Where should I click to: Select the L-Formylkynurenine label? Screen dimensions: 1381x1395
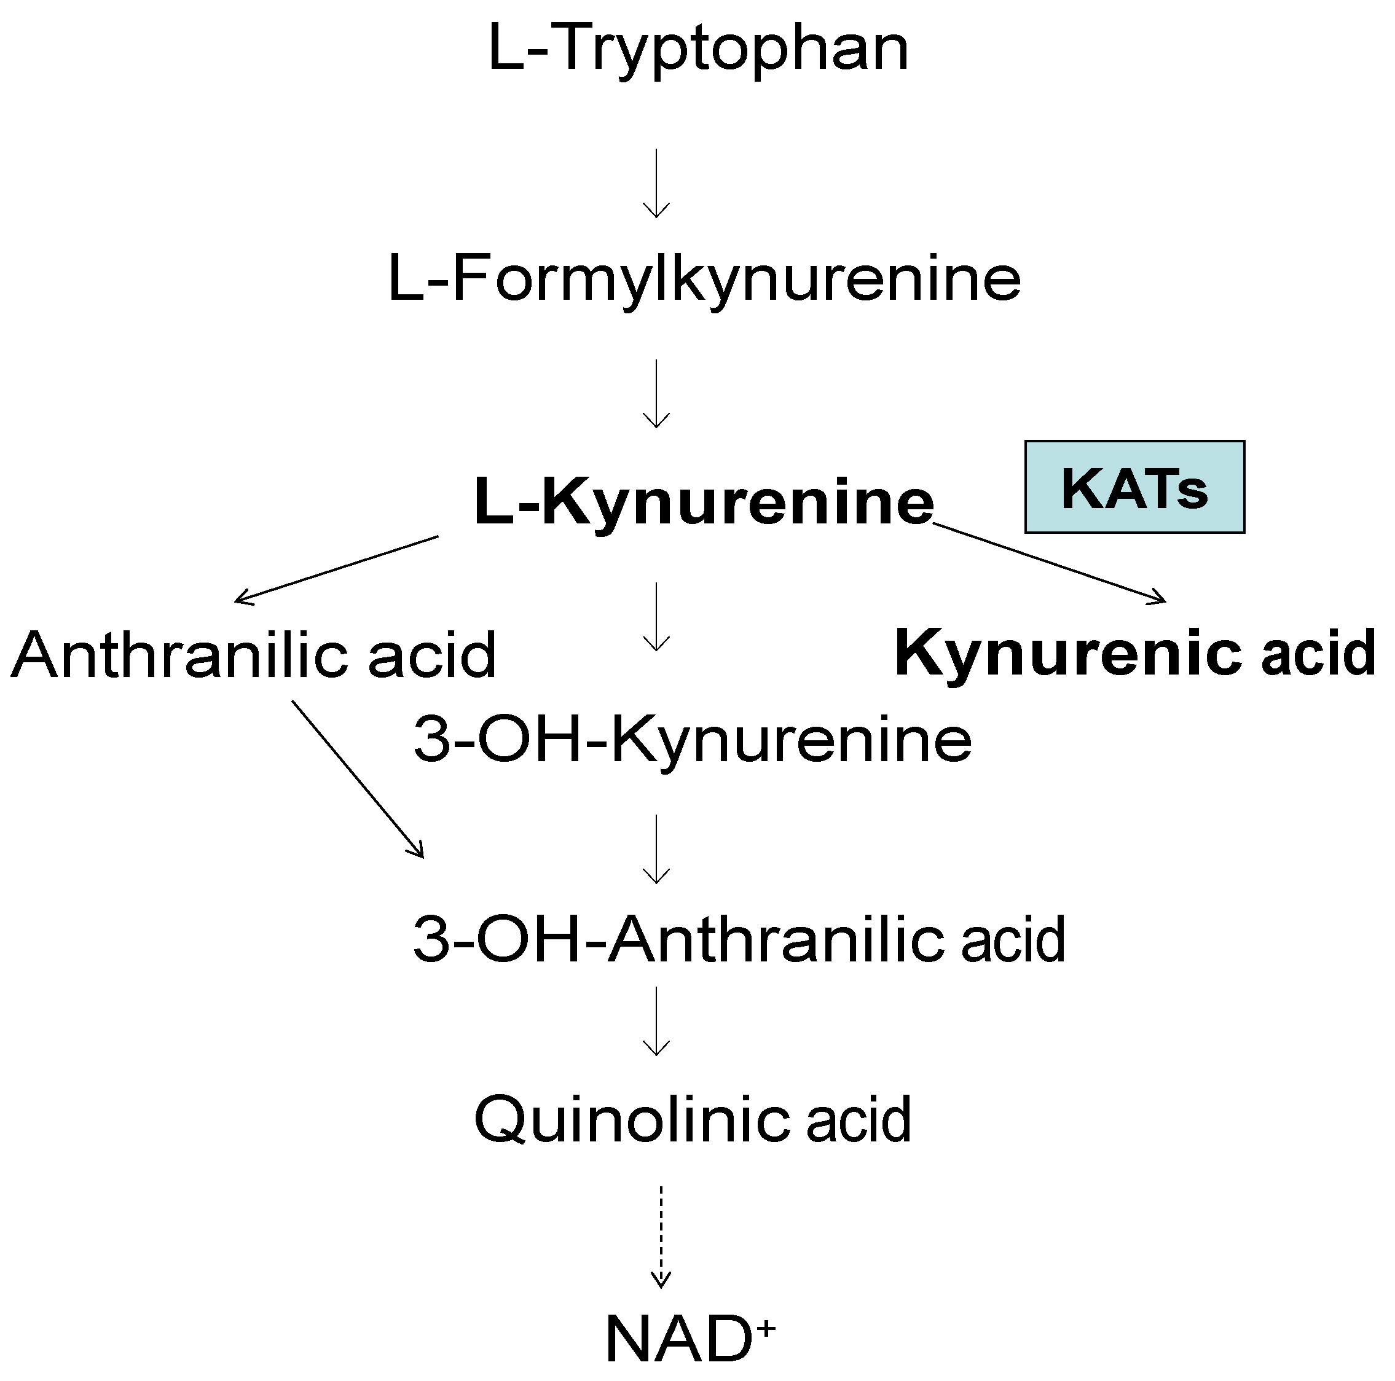click(704, 280)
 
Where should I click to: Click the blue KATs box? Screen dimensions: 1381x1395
click(1134, 487)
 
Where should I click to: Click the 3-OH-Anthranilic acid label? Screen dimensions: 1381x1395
click(739, 939)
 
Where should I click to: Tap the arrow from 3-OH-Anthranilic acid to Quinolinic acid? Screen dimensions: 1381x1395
click(656, 1021)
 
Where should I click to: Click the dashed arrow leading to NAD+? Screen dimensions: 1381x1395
click(661, 1236)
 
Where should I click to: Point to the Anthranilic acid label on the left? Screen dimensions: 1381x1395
click(253, 655)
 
